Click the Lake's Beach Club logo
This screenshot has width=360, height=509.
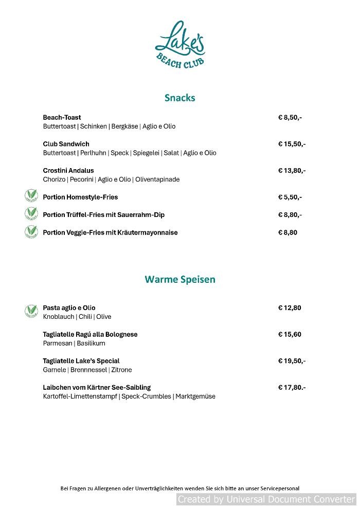[180, 45]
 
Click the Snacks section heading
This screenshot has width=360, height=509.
[180, 98]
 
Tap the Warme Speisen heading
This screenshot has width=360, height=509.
[180, 279]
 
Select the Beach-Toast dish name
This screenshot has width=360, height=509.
[62, 117]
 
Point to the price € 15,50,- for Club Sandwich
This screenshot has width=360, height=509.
[292, 144]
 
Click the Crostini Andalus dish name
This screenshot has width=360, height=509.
[68, 170]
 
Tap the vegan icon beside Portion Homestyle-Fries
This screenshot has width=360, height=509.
[31, 196]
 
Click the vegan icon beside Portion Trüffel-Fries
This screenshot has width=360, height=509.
[31, 213]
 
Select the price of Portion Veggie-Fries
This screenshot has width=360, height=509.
[287, 232]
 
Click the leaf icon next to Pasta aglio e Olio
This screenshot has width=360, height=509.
[31, 311]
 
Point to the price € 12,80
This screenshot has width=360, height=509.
[290, 308]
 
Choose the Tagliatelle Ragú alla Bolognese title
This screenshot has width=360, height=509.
[90, 334]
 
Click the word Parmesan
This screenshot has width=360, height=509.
[58, 343]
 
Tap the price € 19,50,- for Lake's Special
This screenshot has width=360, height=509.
[292, 361]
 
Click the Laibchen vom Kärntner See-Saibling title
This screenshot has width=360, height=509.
[97, 387]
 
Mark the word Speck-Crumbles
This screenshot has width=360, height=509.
[146, 396]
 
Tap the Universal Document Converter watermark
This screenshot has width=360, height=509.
[266, 499]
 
